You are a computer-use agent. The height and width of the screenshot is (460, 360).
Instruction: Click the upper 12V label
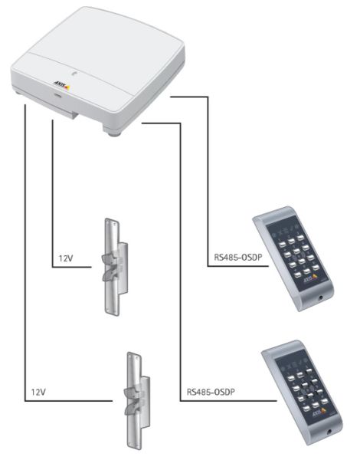(x=65, y=259)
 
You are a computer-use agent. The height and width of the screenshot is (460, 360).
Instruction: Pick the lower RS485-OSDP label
(x=209, y=393)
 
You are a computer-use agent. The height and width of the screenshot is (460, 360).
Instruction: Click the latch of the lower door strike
(x=132, y=399)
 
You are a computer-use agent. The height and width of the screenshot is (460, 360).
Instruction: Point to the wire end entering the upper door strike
(x=95, y=267)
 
